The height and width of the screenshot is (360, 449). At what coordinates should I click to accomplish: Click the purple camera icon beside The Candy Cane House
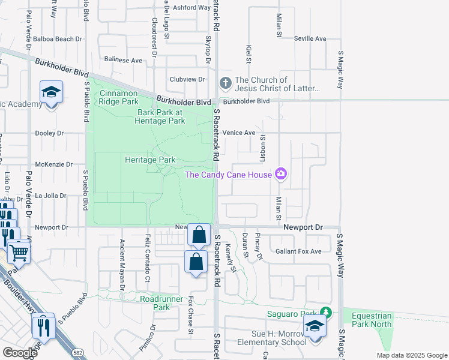280,175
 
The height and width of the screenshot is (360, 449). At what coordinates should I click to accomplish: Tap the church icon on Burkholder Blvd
225,83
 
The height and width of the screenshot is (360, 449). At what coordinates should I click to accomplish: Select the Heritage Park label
150,160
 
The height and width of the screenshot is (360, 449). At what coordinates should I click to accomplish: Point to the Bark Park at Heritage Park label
161,116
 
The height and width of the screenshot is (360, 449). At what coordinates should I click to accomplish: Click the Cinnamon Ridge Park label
119,97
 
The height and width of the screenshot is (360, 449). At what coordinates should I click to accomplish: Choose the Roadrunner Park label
154,303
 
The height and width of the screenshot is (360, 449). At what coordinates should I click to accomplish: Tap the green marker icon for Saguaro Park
325,313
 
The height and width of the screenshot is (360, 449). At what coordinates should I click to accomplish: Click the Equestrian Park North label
372,320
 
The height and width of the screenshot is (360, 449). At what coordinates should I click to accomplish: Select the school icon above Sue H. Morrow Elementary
313,327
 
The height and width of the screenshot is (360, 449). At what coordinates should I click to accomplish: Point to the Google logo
20,352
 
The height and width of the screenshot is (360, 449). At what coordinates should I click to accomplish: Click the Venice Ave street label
239,133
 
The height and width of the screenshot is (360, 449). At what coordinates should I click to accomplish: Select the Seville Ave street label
310,38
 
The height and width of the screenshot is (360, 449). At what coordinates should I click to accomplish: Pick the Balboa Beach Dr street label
58,39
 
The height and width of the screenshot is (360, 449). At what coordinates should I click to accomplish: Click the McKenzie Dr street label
54,164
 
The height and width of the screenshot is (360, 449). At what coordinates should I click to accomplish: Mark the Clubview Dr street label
187,79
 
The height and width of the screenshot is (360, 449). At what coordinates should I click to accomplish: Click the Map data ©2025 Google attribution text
412,355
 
